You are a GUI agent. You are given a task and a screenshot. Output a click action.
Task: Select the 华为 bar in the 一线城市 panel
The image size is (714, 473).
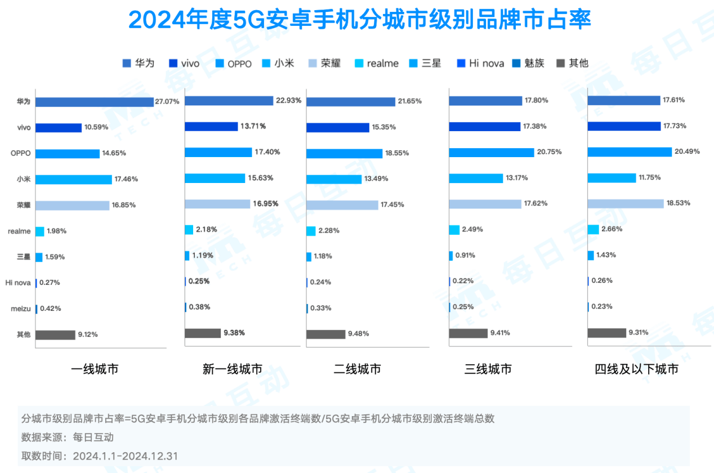tap(94, 102)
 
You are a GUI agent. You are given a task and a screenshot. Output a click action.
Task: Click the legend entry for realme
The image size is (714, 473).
tap(378, 64)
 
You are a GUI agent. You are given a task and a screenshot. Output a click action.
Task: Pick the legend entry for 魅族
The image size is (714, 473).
tap(528, 63)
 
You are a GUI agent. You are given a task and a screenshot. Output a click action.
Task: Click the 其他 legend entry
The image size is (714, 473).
tap(573, 63)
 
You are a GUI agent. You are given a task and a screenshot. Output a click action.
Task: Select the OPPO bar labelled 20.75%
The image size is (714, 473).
tap(491, 152)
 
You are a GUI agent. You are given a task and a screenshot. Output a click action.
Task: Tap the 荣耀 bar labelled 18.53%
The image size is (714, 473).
tap(625, 203)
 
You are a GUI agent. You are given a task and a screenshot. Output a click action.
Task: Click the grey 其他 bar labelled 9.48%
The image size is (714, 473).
tap(325, 334)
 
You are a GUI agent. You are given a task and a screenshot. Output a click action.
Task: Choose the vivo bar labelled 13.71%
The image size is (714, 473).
tap(211, 126)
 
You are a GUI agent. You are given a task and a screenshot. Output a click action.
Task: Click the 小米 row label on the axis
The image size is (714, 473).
tap(23, 180)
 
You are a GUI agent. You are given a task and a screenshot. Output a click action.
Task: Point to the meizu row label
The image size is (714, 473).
tap(20, 309)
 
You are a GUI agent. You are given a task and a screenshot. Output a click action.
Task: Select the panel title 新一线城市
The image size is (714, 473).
tap(232, 369)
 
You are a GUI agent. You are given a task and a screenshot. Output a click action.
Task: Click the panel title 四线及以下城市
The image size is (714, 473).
tap(636, 369)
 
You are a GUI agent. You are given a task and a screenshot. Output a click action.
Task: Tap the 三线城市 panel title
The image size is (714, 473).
tap(488, 369)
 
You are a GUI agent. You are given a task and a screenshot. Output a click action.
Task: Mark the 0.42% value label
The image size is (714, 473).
tap(50, 309)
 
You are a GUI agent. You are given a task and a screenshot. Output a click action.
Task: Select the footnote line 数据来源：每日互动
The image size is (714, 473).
tap(68, 437)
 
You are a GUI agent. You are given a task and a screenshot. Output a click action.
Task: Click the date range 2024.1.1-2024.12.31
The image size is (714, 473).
tap(125, 456)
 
